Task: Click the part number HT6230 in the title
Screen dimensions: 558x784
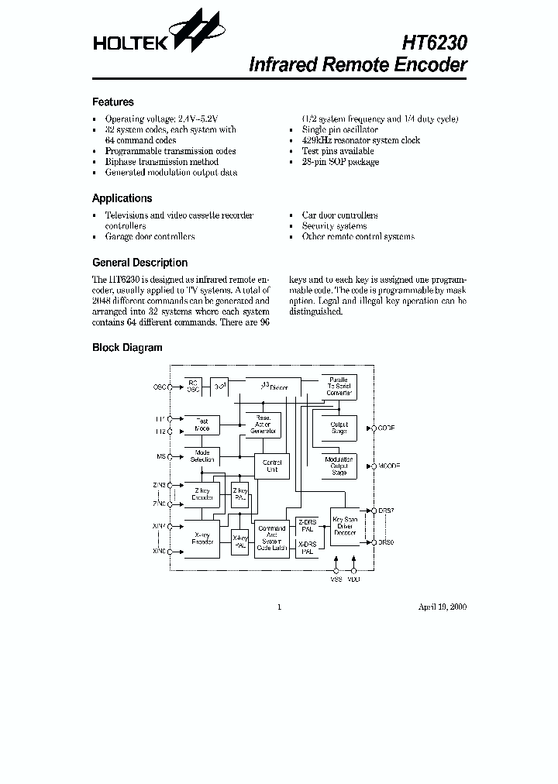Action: pos(434,40)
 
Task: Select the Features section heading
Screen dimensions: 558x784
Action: pos(113,102)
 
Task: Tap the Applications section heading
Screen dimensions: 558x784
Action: pos(122,198)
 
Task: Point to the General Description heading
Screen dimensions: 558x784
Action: pos(139,263)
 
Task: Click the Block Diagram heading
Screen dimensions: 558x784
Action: pos(127,348)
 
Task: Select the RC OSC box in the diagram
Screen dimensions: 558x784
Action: pos(192,386)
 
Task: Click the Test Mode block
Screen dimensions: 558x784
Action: pos(201,425)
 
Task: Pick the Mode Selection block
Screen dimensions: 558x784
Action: pos(202,456)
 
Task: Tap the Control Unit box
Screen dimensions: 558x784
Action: pos(272,466)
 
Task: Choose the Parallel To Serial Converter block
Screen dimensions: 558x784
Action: pos(339,387)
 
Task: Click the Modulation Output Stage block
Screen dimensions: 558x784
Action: pos(339,466)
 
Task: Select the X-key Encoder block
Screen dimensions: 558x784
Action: pos(202,538)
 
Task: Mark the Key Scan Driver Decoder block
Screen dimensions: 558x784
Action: pos(344,526)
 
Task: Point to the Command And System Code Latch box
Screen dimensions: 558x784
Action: pos(272,538)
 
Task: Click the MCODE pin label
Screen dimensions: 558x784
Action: pos(389,466)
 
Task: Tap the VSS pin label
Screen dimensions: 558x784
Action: pos(336,579)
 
